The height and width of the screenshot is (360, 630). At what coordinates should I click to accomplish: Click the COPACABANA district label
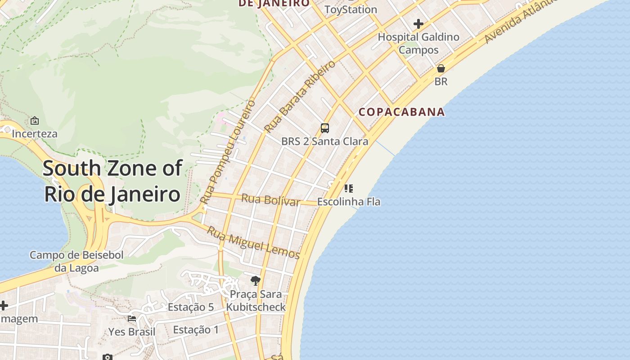pos(401,112)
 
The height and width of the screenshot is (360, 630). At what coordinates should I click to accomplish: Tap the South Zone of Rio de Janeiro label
pos(112,181)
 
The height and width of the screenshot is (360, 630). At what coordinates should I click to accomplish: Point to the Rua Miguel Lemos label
pos(253,243)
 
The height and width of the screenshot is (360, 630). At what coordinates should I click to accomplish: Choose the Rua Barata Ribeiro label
pos(300,96)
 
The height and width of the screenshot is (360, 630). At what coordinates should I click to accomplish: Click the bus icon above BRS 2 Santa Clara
pos(325,128)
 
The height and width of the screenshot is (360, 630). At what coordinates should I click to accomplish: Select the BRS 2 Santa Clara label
pos(324,141)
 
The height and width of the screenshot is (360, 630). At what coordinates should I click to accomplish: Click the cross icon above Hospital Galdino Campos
pos(418,23)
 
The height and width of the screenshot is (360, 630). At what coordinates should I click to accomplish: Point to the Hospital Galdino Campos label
pos(418,43)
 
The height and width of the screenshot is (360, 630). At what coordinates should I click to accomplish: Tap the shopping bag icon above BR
pos(441,68)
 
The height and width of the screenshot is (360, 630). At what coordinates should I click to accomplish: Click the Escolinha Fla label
pos(349,202)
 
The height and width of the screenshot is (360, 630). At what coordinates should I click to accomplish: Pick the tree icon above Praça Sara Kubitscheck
pos(256,281)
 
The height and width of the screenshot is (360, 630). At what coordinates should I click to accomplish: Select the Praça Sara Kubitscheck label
pos(256,301)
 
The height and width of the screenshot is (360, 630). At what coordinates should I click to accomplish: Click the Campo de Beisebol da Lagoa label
pos(76,261)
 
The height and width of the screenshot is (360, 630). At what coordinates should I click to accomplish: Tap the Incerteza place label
pos(35,134)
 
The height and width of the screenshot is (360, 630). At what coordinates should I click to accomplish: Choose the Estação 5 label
pos(191,307)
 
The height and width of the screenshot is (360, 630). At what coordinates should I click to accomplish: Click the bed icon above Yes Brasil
pos(132,319)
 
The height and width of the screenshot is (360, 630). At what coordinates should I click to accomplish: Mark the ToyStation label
pos(351,9)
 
